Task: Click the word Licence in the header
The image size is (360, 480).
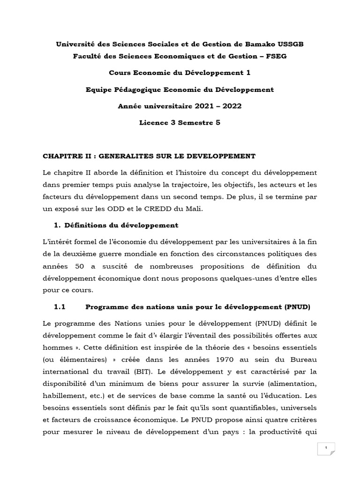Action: (155, 122)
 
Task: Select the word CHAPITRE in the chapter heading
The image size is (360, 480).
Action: (64, 156)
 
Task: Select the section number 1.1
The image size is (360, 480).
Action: (61, 307)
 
